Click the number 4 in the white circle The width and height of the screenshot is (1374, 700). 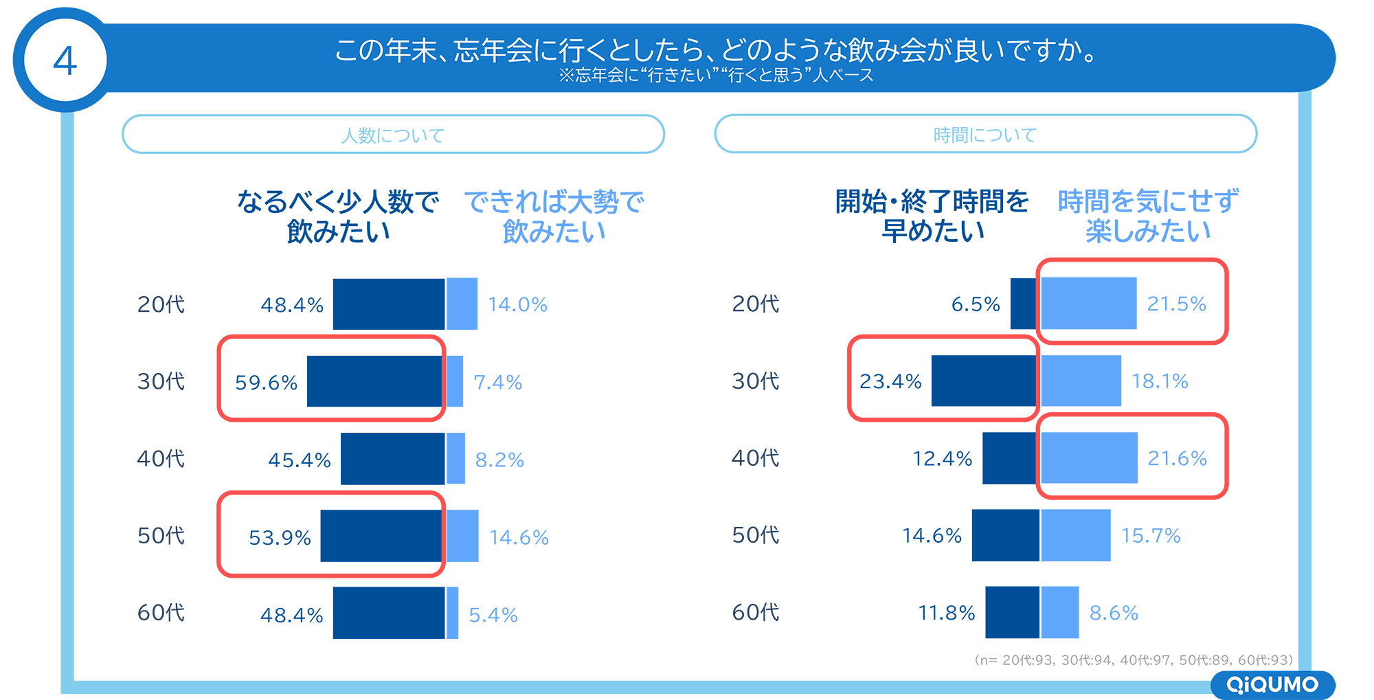click(x=65, y=61)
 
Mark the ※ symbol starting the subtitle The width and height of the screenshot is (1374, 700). click(x=566, y=76)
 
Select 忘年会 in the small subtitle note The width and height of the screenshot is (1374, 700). click(x=599, y=76)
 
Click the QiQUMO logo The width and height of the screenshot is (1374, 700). click(x=1272, y=684)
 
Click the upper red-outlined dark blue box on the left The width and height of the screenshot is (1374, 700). click(x=337, y=380)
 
